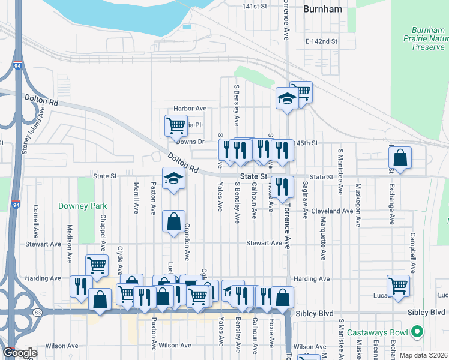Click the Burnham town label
[322, 9]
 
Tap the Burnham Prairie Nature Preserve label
[429, 38]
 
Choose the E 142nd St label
[321, 41]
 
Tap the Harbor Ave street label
[190, 109]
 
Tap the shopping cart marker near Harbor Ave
[175, 125]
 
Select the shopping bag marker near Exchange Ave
[400, 158]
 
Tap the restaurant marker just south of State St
[281, 187]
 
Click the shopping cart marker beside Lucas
[398, 285]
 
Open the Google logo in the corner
[19, 353]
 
